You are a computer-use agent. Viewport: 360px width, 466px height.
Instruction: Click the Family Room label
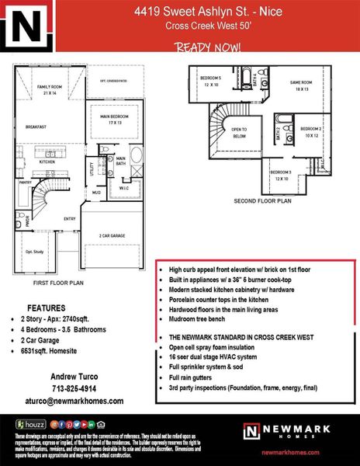[51, 89]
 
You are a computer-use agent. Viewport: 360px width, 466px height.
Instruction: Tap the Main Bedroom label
[116, 119]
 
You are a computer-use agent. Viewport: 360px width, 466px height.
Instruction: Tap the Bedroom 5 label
[211, 82]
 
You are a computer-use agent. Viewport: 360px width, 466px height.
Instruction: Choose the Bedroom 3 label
[280, 175]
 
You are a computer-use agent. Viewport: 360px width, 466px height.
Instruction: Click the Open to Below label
[239, 133]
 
